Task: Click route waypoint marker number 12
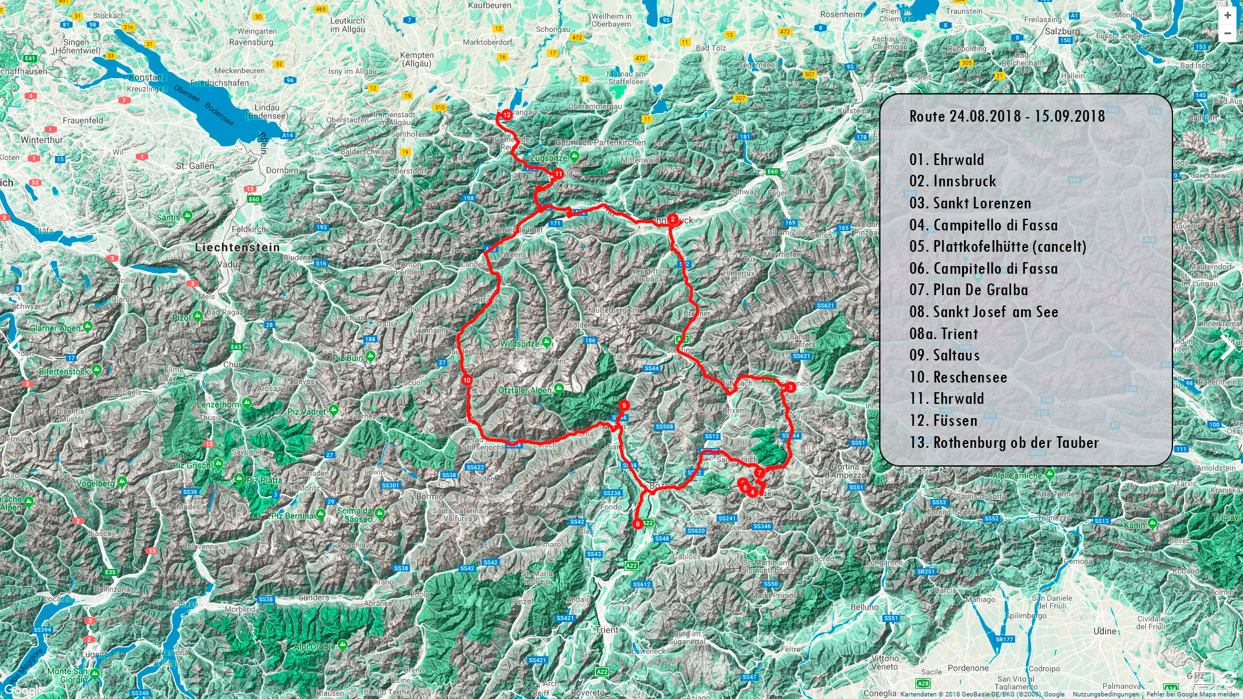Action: click(507, 115)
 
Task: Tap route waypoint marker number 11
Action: click(558, 174)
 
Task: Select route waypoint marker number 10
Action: click(467, 380)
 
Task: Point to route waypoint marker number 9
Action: click(623, 405)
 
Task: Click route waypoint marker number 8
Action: click(638, 524)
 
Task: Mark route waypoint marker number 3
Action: click(790, 387)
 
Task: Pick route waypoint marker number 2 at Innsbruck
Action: click(673, 219)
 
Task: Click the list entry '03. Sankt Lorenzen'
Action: click(970, 203)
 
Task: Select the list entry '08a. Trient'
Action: click(943, 334)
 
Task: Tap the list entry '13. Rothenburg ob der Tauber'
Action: click(1003, 443)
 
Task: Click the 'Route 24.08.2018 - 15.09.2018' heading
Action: click(1007, 116)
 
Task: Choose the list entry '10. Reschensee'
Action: click(958, 377)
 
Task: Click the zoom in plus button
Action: click(1227, 15)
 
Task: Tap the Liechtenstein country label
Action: click(238, 247)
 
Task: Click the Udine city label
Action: click(1104, 631)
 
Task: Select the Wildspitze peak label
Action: click(519, 344)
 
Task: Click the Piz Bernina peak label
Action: click(292, 516)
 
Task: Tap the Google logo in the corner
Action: click(25, 690)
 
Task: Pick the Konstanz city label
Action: click(148, 77)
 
